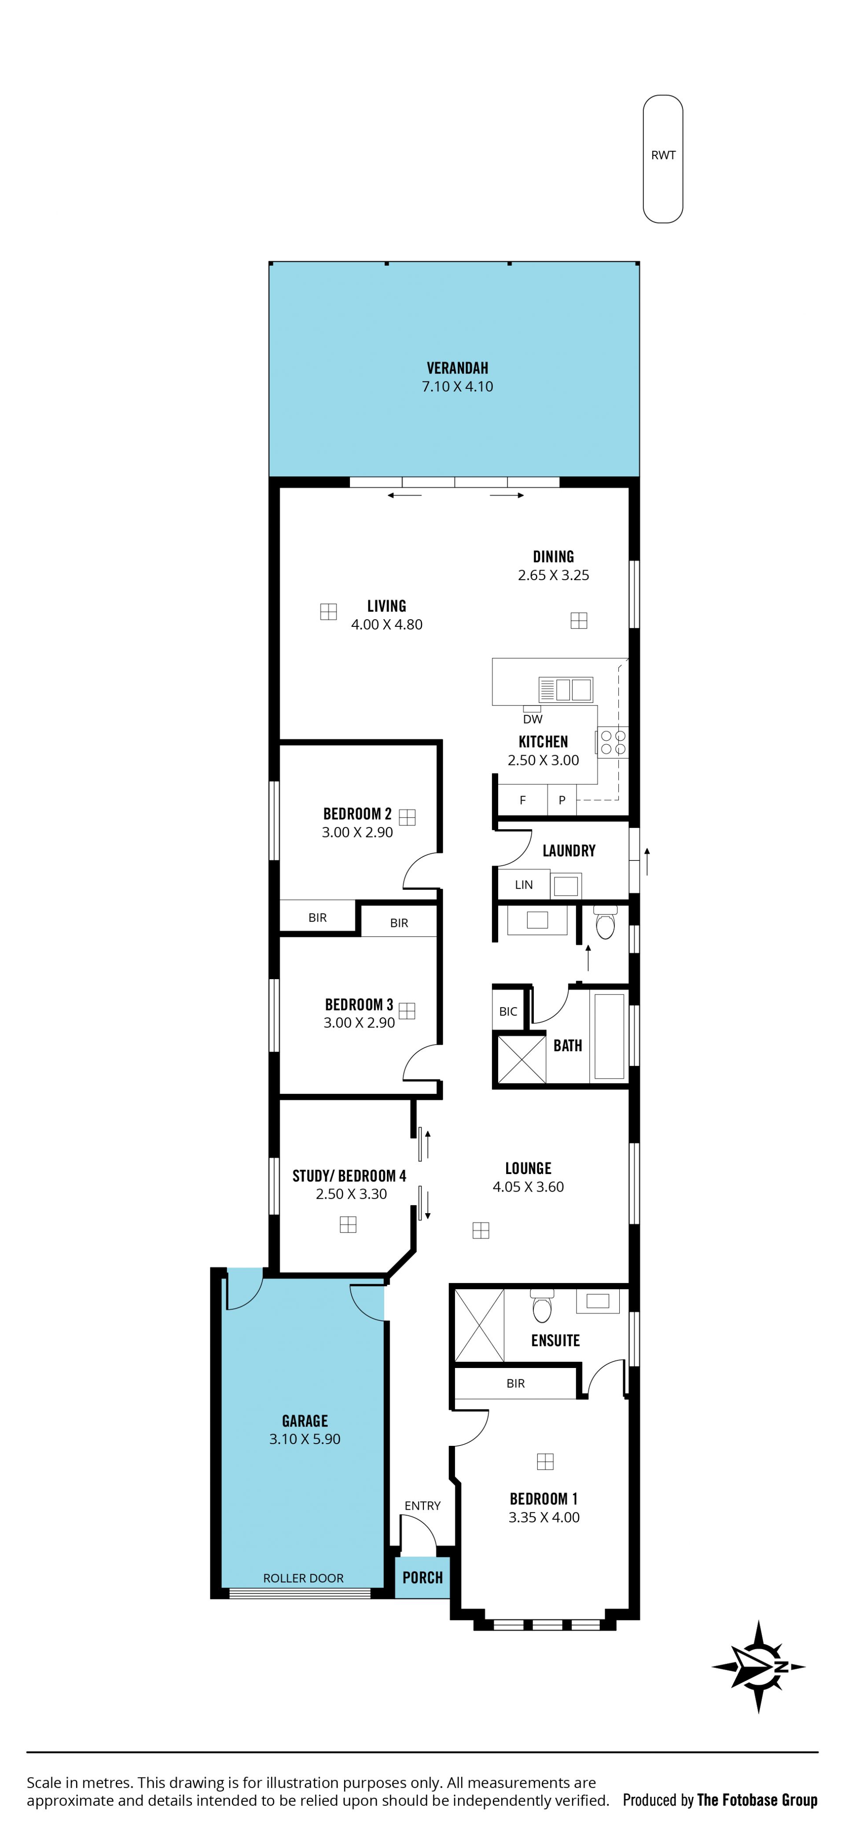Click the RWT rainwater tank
[x=662, y=159]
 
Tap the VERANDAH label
[x=457, y=368]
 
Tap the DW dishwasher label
[x=533, y=719]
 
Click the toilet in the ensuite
[x=542, y=1305]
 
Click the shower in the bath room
[x=521, y=1059]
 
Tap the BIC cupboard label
[x=508, y=1011]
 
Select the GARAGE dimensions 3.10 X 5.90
[x=305, y=1439]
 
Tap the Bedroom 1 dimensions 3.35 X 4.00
[x=544, y=1518]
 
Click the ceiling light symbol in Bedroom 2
[x=407, y=817]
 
